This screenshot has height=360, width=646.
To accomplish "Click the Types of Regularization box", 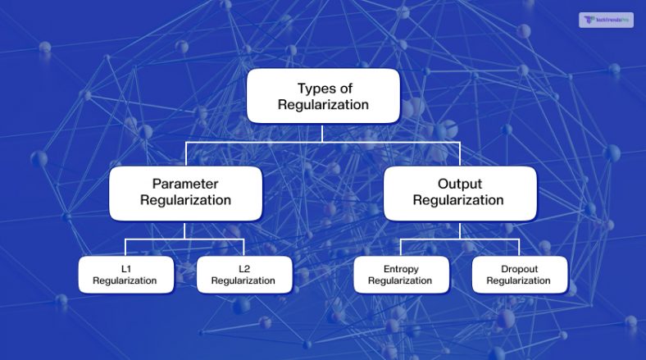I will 323,96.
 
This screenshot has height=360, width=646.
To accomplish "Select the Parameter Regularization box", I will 184,193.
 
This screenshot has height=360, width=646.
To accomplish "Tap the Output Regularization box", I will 460,193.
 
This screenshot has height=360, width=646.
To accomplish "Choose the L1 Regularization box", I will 125,275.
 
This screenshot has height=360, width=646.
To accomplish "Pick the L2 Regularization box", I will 243,275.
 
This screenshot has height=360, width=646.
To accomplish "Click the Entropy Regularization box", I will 401,275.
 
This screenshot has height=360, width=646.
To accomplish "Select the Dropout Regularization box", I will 519,275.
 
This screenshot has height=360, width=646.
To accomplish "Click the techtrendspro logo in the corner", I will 606,20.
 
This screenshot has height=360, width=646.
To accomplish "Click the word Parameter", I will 184,184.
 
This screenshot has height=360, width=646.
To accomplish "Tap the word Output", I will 460,184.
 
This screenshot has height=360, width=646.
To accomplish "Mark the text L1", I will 125,269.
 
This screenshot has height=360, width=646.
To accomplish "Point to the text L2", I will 243,269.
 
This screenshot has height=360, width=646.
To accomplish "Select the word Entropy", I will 401,269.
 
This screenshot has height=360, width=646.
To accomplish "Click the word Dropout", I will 519,269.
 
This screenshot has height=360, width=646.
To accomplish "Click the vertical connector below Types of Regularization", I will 323,134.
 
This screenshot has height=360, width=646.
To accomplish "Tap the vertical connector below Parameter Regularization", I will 184,230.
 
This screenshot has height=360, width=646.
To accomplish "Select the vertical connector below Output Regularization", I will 460,230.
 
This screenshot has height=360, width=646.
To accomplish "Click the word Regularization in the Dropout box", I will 519,280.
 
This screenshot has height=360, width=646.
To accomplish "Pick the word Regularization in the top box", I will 323,105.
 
